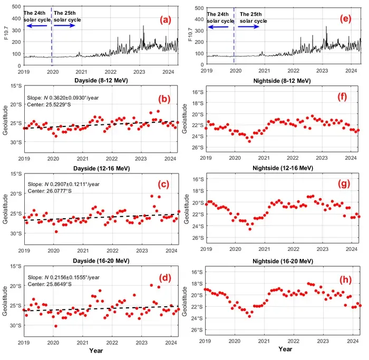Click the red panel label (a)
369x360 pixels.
point(165,20)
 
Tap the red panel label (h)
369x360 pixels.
point(345,279)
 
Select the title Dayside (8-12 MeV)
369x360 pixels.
point(101,81)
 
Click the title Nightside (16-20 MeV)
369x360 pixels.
point(283,261)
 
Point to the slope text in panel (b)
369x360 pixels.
point(63,98)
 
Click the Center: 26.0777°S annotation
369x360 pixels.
point(50,191)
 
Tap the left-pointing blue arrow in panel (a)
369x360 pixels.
point(37,26)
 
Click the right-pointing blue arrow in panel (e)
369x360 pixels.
point(248,26)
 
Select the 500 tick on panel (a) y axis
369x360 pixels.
point(16,6)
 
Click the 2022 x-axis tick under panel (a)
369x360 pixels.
point(110,72)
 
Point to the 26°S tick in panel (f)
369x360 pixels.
point(198,148)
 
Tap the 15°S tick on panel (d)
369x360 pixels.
point(16,266)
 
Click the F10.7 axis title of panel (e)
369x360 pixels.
point(190,35)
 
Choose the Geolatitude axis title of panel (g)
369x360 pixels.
point(187,209)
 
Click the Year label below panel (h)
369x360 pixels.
point(285,349)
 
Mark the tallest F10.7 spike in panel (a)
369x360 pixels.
point(143,26)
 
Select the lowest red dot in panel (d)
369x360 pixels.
point(56,326)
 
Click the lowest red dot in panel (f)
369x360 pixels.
point(249,141)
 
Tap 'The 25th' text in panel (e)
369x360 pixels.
point(250,14)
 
